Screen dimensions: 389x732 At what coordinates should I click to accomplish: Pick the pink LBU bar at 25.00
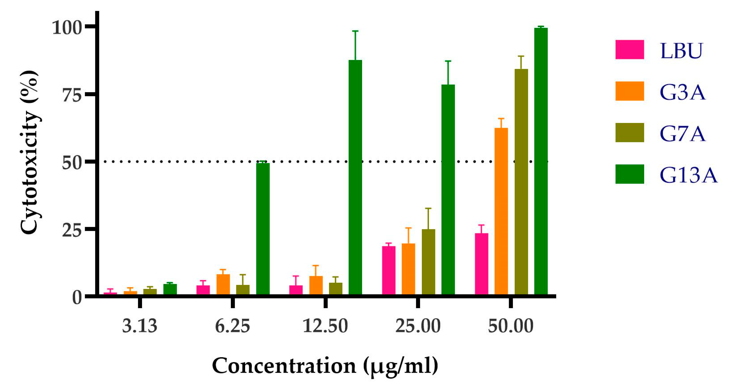point(388,270)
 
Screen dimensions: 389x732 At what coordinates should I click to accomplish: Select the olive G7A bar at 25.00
point(428,261)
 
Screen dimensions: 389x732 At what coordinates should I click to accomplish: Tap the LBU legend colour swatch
point(629,49)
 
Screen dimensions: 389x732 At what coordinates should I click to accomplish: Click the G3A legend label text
point(682,92)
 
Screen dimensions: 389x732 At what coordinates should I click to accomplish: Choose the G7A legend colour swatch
point(629,133)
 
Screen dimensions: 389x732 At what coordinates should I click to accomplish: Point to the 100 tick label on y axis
point(67,28)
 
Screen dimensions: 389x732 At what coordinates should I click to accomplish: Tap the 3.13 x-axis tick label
point(140,326)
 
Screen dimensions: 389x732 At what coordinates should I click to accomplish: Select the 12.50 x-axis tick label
point(325,326)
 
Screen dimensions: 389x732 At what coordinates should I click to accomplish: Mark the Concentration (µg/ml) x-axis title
point(325,366)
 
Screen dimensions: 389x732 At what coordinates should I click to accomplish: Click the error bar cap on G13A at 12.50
point(355,31)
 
